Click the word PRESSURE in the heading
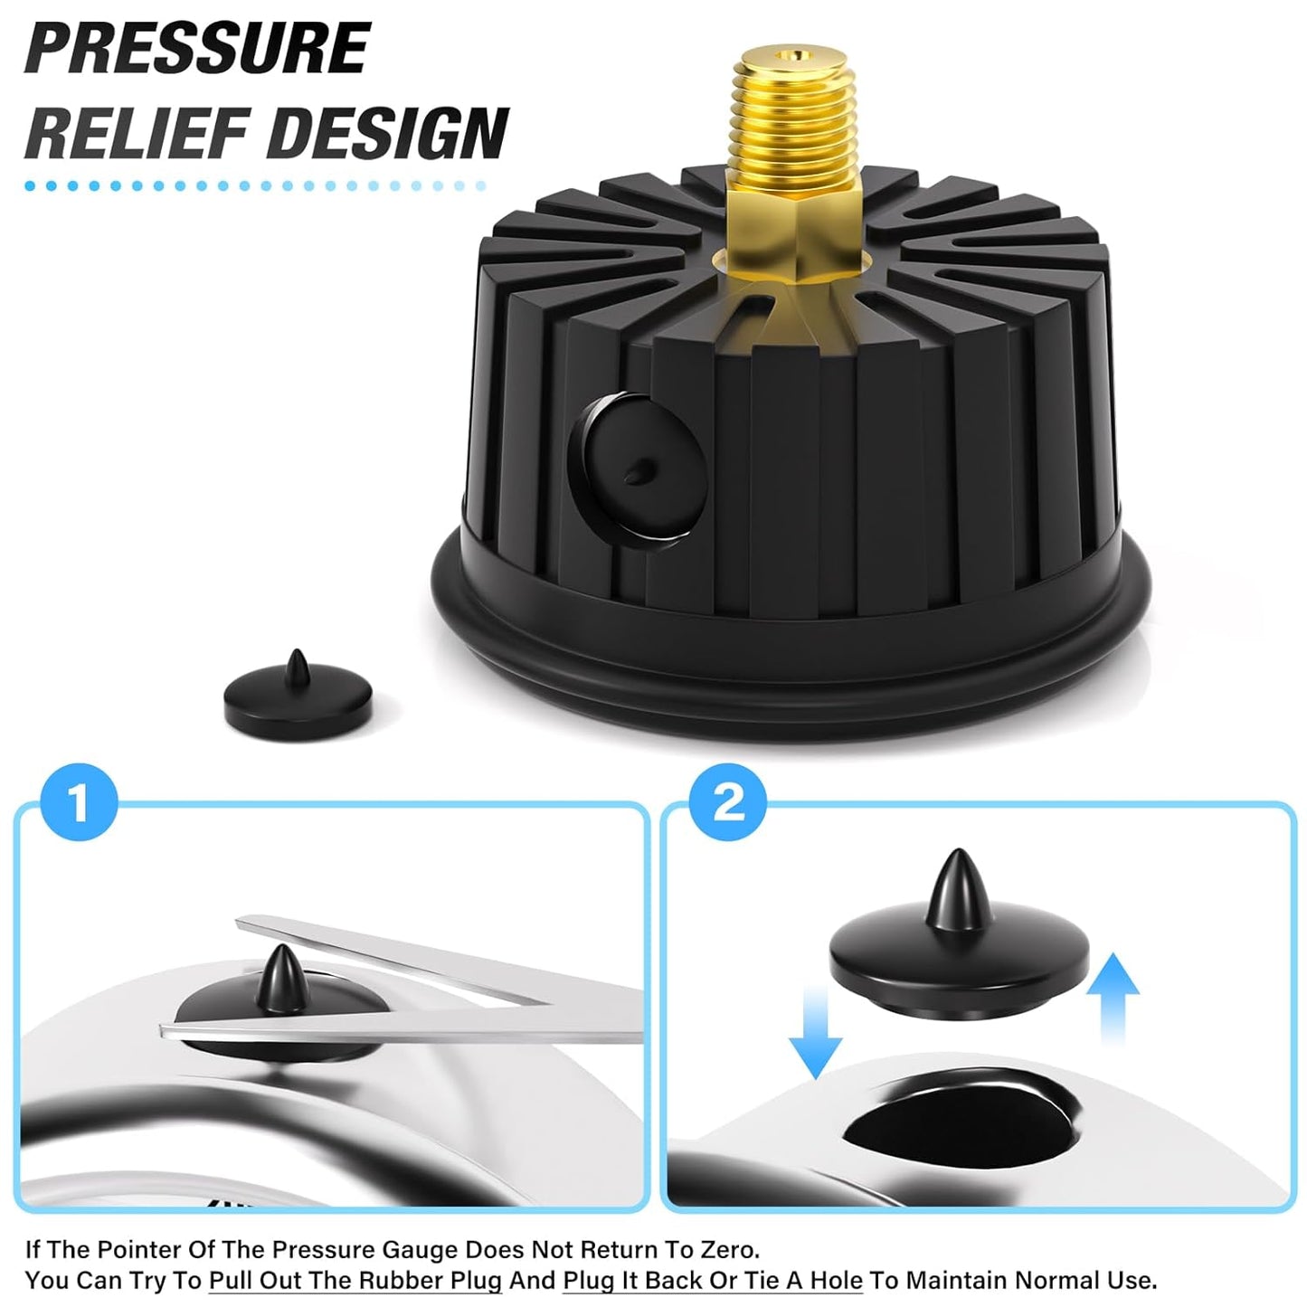click(197, 49)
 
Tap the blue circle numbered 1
click(80, 801)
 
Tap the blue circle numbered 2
click(728, 801)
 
